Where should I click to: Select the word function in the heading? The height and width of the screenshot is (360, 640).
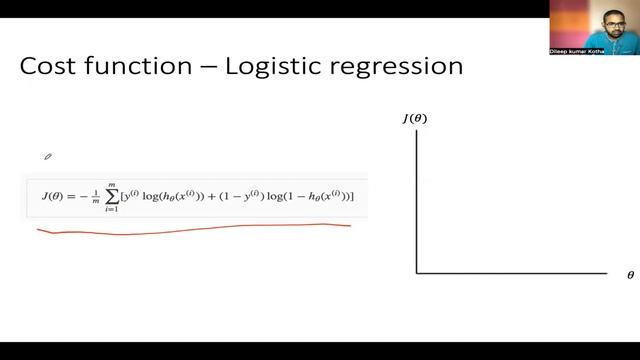(136, 68)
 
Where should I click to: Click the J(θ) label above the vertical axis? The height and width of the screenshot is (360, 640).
(415, 119)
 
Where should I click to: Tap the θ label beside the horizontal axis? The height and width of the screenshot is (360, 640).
(630, 274)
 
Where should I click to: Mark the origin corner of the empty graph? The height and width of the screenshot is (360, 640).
(416, 272)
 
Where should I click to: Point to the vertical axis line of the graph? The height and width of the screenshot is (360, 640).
(416, 200)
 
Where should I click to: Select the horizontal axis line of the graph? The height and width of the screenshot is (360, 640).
(510, 272)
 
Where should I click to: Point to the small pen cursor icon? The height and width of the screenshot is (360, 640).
(47, 156)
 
